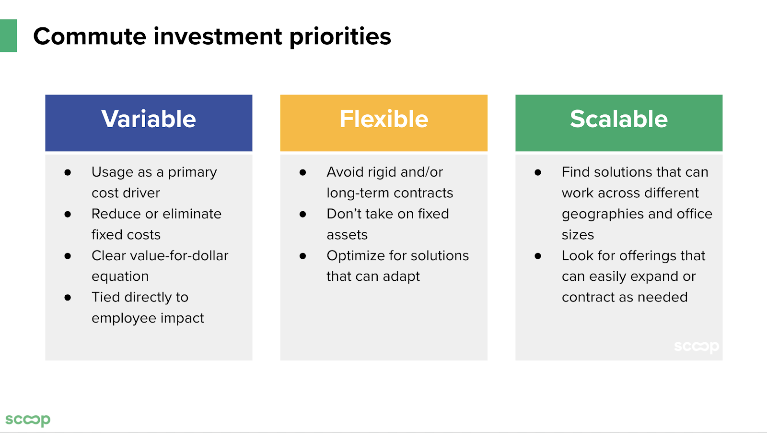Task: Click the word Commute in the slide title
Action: pos(90,36)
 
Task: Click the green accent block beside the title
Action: pos(8,36)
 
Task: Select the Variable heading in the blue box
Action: pos(149,119)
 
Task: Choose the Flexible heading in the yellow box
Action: pos(384,119)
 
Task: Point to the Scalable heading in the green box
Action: pos(619,119)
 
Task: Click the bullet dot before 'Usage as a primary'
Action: pos(68,172)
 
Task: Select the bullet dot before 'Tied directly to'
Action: pos(68,298)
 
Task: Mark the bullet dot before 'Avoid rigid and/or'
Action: pos(302,172)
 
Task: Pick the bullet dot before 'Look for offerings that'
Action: pos(538,256)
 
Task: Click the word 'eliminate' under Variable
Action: pos(192,214)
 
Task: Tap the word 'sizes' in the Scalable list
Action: pos(578,235)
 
